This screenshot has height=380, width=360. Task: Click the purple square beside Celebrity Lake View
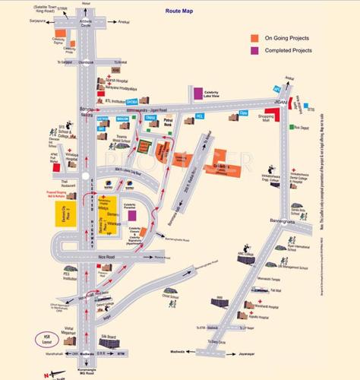(197, 93)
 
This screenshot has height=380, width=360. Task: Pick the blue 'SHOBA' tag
(131, 100)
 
